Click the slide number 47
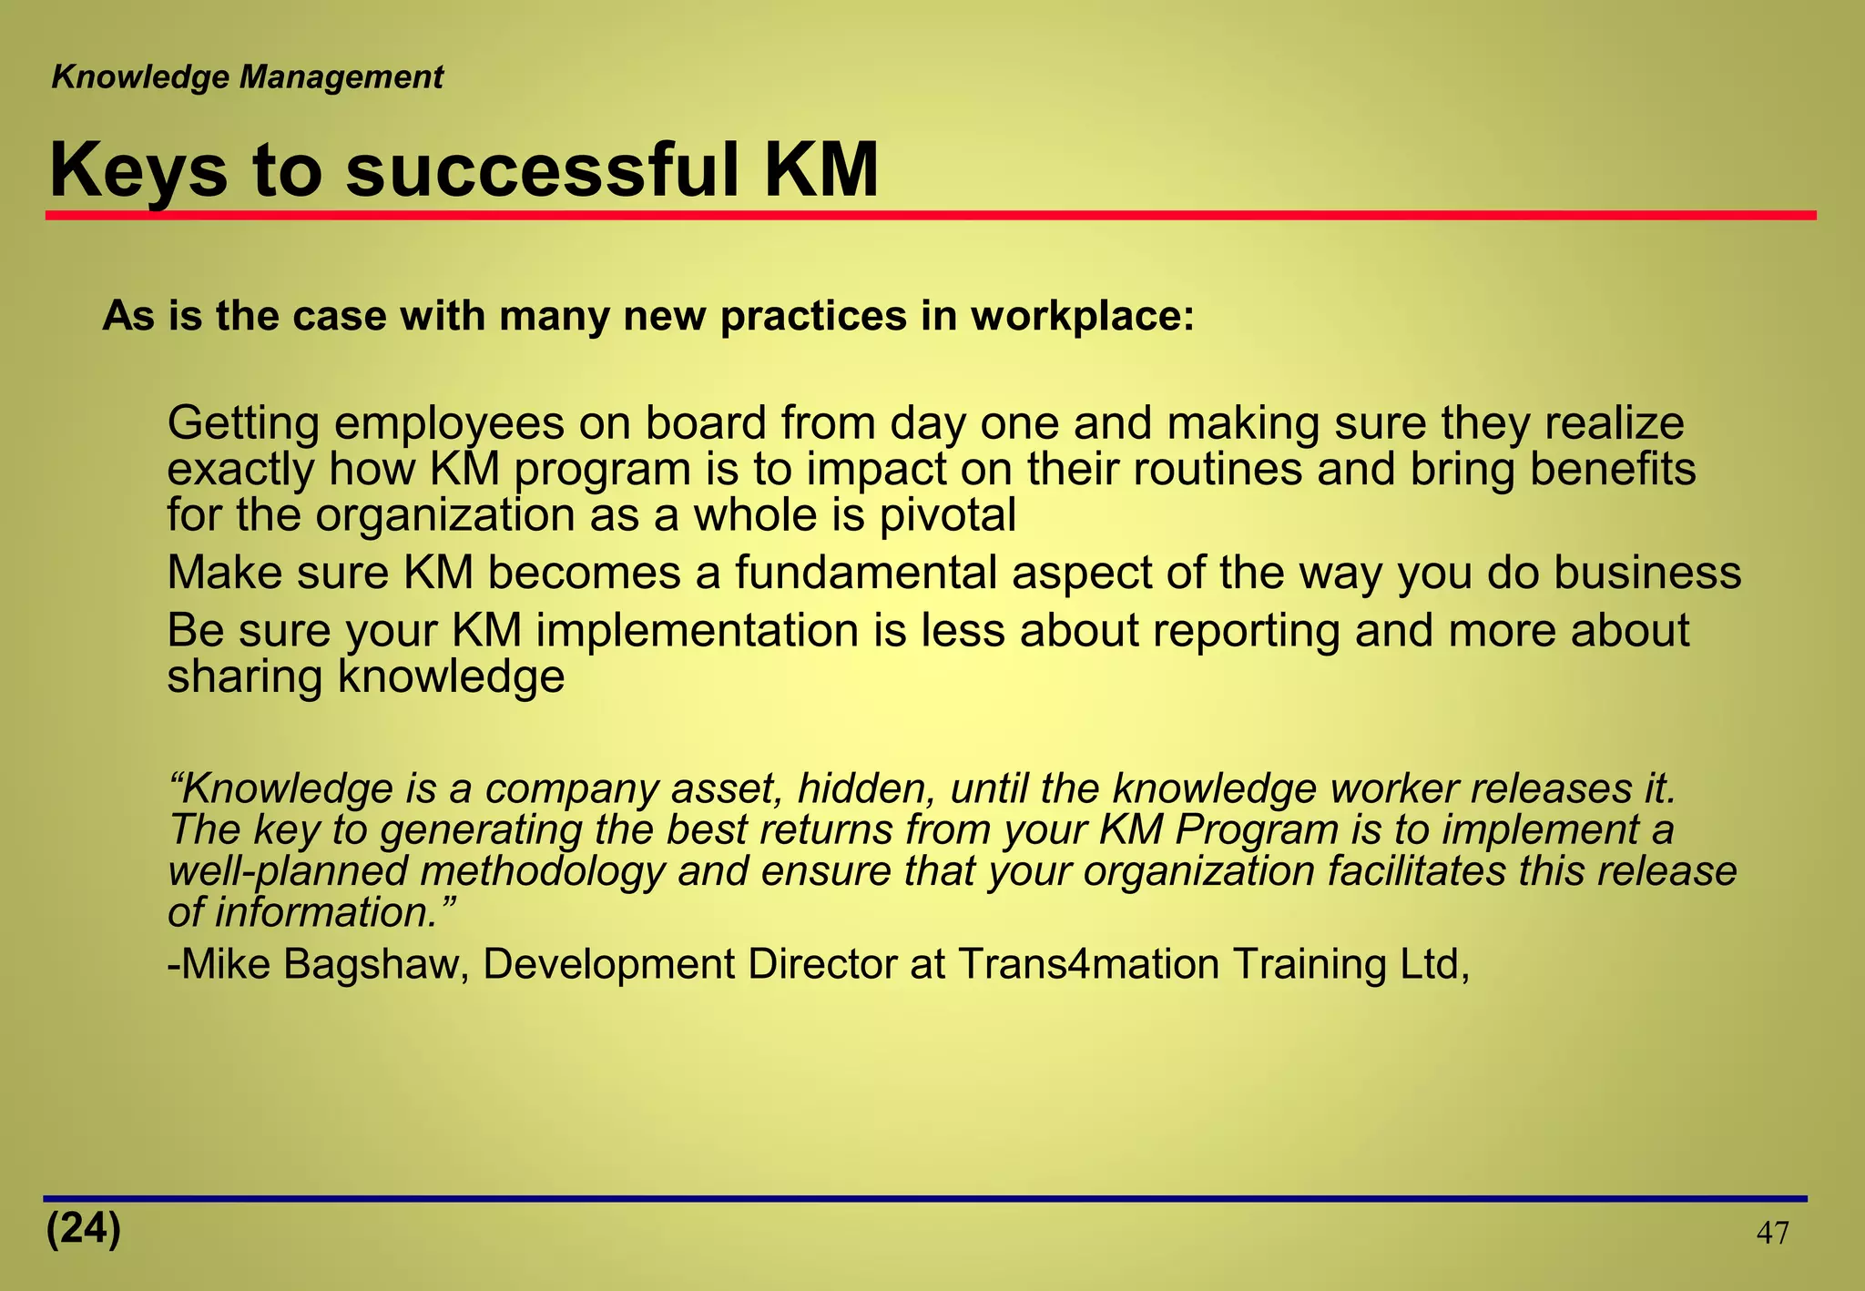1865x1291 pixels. tap(1772, 1234)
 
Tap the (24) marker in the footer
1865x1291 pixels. tap(83, 1229)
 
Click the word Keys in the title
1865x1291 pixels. tap(138, 171)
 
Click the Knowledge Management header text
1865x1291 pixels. tap(247, 77)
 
